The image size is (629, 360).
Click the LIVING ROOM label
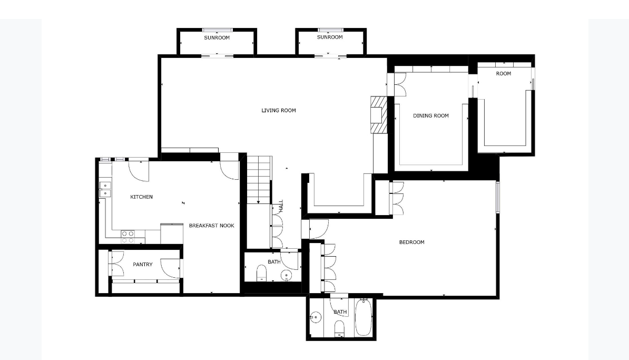pos(279,111)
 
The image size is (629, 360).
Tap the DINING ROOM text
pos(430,116)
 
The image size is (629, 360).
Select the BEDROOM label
pos(411,242)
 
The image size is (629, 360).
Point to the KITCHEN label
pos(141,197)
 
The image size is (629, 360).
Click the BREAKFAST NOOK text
pos(211,226)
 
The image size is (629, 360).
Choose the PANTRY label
pos(142,265)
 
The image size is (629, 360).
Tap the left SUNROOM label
pos(217,38)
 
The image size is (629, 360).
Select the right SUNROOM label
pos(330,37)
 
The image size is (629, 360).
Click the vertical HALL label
pos(281,206)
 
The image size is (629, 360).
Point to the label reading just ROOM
pos(503,74)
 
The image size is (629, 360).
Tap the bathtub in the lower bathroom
pos(363,317)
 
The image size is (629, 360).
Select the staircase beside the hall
pos(259,179)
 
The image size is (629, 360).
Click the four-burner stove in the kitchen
pos(127,237)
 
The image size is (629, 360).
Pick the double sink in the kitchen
pos(105,189)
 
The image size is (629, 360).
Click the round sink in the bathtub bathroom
pos(316,317)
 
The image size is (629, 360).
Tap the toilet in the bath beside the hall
pos(261,274)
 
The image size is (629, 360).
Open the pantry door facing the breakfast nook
pos(171,268)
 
